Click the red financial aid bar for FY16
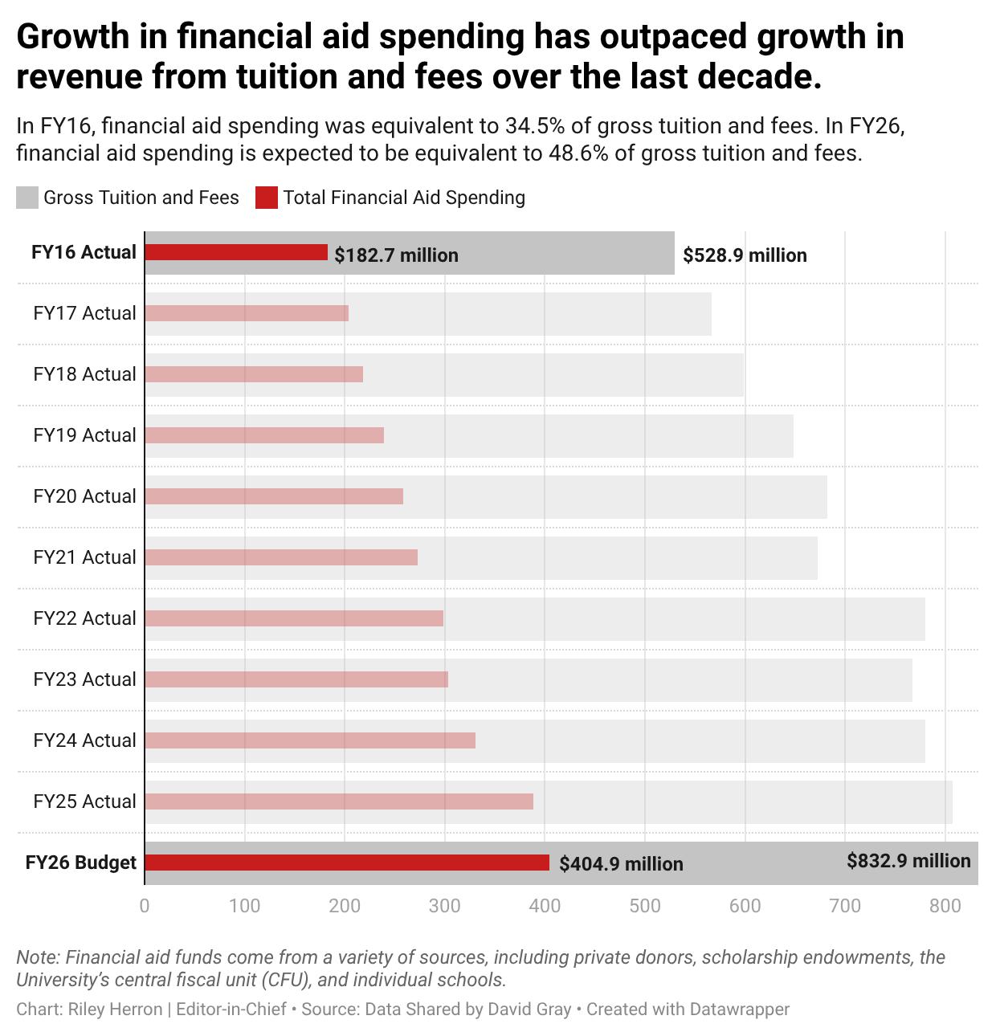pos(236,252)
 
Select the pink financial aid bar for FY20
pos(274,496)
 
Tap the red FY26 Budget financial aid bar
pos(347,863)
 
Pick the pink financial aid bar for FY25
pos(339,801)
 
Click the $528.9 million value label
pos(745,255)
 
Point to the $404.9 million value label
pos(621,864)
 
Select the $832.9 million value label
pos(908,861)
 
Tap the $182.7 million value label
pos(396,255)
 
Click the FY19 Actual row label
pos(84,435)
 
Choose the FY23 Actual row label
pos(84,679)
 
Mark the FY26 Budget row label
pos(81,863)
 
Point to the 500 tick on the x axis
pos(644,906)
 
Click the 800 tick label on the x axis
pos(945,906)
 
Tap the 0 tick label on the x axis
pos(145,906)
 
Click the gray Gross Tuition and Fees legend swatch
pos(27,198)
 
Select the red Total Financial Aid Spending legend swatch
pos(267,198)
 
